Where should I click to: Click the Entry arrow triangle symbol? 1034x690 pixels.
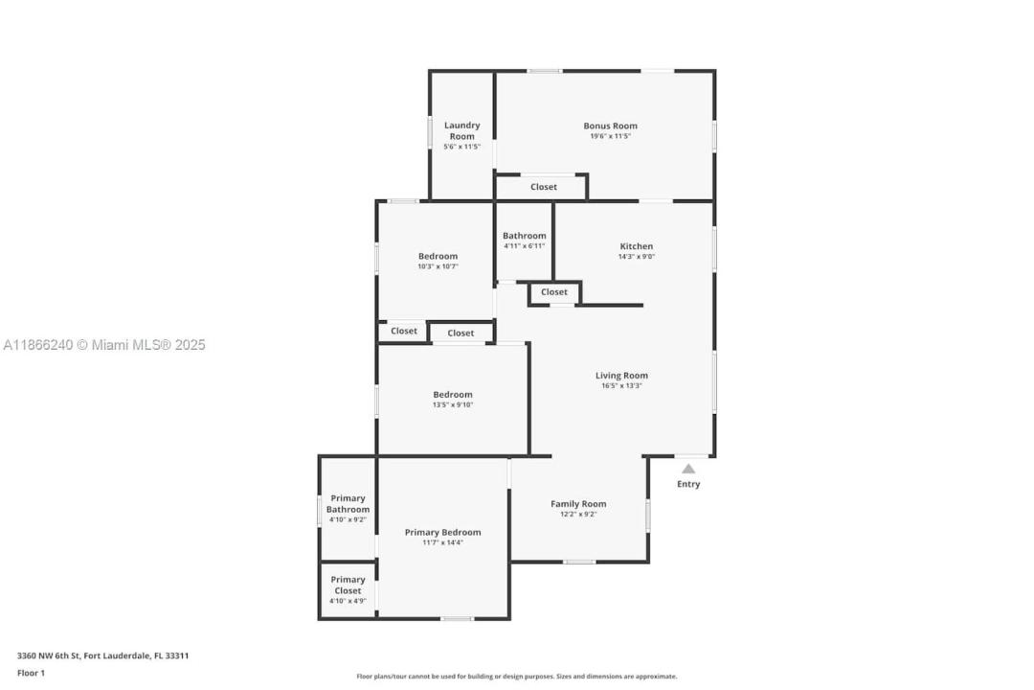click(687, 469)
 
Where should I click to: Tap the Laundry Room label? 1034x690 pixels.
click(461, 130)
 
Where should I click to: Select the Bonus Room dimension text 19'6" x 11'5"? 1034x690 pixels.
click(610, 136)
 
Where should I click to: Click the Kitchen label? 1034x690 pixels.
click(637, 246)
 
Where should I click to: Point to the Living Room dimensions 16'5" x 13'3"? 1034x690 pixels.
click(621, 385)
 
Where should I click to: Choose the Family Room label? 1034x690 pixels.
click(578, 504)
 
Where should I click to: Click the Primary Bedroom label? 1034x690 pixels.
click(442, 532)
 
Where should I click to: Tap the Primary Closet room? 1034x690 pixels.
click(348, 589)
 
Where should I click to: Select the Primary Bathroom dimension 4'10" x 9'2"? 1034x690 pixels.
click(348, 519)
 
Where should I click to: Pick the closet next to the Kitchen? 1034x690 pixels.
click(554, 292)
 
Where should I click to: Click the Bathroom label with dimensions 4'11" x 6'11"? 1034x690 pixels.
click(525, 236)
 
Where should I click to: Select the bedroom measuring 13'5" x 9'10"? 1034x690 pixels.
click(453, 400)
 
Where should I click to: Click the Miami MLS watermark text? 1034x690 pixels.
click(104, 345)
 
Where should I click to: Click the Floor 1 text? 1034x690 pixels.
click(31, 673)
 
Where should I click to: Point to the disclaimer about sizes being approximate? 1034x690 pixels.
click(517, 677)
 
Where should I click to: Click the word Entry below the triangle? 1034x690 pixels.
click(688, 484)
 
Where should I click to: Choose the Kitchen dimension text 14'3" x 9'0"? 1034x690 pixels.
click(637, 257)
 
